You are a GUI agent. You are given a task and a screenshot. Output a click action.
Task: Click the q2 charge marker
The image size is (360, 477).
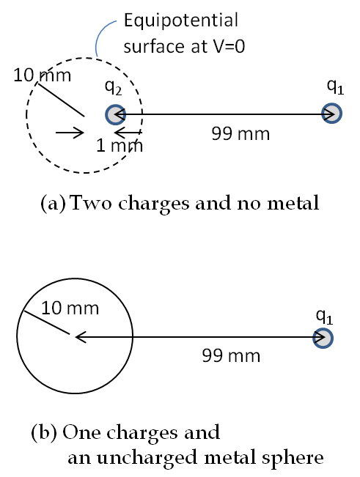[x=115, y=114]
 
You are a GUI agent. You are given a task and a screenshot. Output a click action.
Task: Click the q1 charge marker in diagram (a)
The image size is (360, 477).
[x=332, y=114]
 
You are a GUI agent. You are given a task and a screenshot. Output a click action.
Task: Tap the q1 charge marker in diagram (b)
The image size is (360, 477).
[x=323, y=338]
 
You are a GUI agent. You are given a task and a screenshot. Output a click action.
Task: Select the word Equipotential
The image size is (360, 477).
[x=181, y=21]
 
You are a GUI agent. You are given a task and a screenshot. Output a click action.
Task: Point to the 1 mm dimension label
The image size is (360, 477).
[x=120, y=145]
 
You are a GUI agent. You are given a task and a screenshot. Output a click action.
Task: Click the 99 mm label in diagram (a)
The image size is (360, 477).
[x=240, y=133]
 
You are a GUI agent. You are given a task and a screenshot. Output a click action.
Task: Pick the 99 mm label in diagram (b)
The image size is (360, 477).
[x=231, y=355]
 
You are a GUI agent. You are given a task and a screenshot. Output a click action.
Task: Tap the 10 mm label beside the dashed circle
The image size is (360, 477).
[x=42, y=75]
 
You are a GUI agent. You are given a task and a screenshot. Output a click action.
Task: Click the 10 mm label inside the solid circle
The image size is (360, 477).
[x=70, y=308]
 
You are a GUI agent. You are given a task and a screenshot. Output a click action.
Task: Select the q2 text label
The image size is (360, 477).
[x=113, y=88]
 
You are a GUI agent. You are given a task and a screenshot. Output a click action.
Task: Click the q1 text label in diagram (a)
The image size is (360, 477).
[x=335, y=87]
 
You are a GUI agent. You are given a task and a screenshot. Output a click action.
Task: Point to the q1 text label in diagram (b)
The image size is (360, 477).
[x=325, y=317]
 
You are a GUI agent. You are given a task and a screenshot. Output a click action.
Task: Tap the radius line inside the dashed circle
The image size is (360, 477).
[x=61, y=99]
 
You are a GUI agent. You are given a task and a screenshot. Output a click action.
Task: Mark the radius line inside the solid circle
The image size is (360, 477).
[x=47, y=323]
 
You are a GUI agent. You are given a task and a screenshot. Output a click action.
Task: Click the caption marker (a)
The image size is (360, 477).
[x=53, y=203]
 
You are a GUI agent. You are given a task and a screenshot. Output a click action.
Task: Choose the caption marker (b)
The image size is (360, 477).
[x=44, y=432]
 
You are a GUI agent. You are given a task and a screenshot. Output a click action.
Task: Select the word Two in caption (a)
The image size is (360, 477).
[x=91, y=203]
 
